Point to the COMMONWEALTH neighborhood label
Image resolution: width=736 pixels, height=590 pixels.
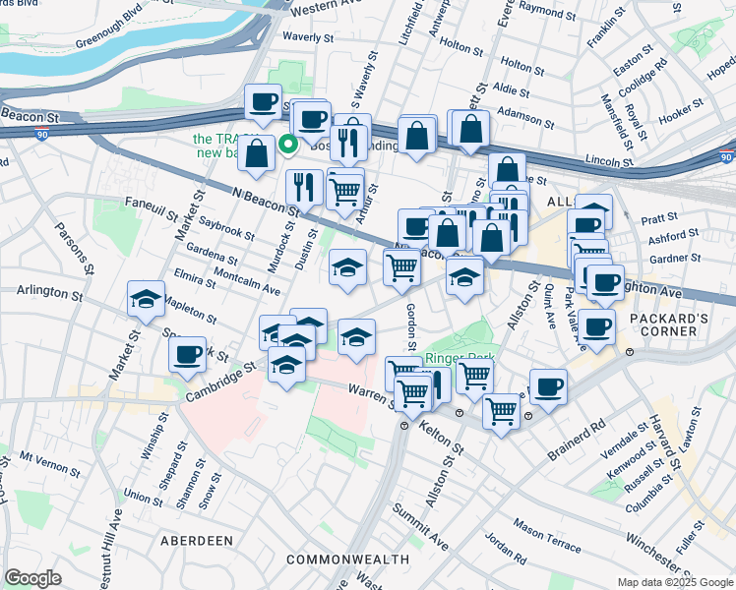(347, 560)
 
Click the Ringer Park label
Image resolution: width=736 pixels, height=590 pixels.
(454, 359)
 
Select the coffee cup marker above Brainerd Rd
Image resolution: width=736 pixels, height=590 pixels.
(548, 385)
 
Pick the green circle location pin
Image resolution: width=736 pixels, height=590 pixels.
(288, 144)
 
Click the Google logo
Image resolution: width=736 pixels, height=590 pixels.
(32, 578)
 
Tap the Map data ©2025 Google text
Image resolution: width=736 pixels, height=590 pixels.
(675, 582)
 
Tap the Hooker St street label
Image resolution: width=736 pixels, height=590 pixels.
(682, 116)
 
